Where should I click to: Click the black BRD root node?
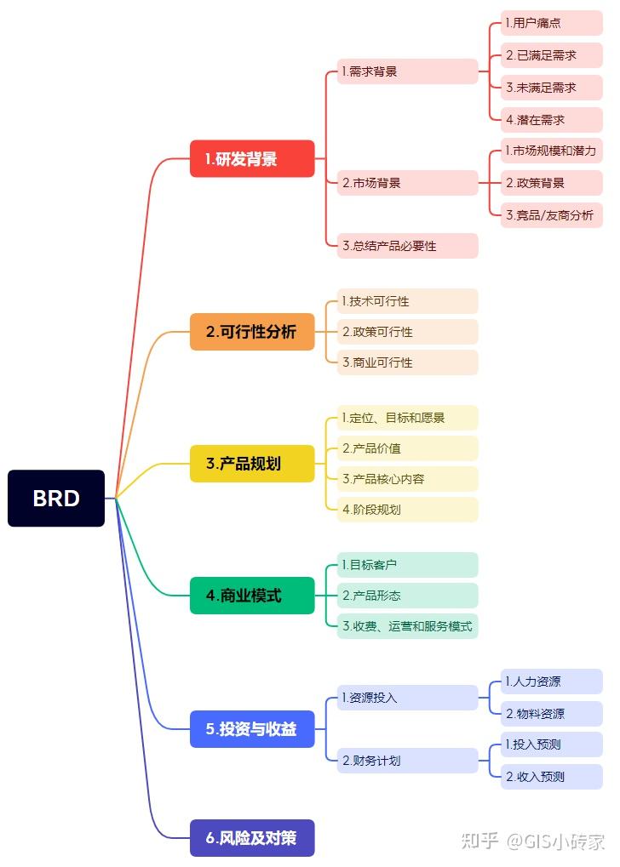point(56,498)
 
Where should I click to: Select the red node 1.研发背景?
point(252,158)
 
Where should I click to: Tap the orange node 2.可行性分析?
point(252,332)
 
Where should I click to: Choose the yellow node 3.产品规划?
point(252,464)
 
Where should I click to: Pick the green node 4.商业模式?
point(252,596)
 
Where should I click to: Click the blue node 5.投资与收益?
point(252,728)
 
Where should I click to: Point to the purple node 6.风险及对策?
point(252,837)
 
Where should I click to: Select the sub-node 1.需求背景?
point(407,71)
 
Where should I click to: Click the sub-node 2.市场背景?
point(407,182)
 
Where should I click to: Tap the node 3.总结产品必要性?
point(407,245)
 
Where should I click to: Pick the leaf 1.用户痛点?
point(551,23)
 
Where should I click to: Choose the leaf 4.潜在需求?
point(551,119)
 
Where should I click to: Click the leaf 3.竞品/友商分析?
point(551,214)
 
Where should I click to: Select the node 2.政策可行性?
point(407,332)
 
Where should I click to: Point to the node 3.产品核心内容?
point(407,478)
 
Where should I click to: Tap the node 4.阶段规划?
point(407,509)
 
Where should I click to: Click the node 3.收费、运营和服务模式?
point(407,626)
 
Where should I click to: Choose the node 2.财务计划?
point(407,760)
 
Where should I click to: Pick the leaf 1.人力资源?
point(551,682)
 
